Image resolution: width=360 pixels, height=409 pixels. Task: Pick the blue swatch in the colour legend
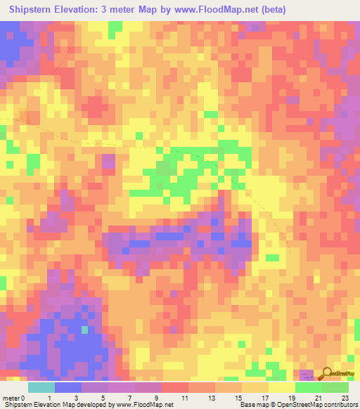(x=68, y=387)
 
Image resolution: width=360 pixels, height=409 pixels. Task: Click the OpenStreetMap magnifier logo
(x=328, y=375)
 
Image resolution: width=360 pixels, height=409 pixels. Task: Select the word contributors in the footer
(x=338, y=405)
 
